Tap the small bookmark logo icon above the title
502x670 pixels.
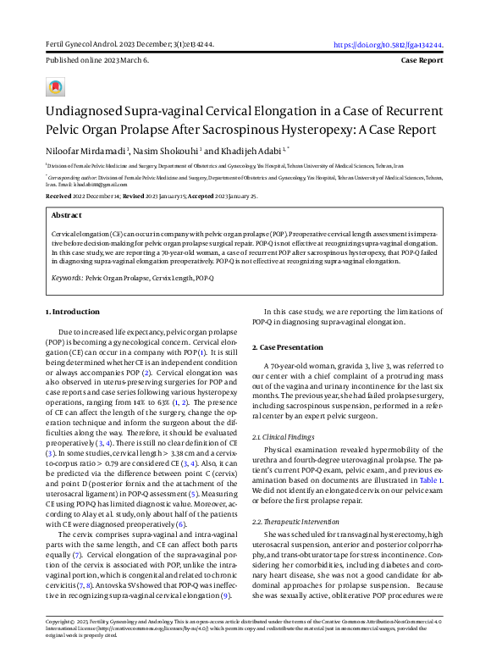[x=56, y=87]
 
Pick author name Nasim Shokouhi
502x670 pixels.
[x=163, y=152]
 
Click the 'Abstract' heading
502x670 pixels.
[x=67, y=216]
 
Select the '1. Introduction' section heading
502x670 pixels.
[x=72, y=312]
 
